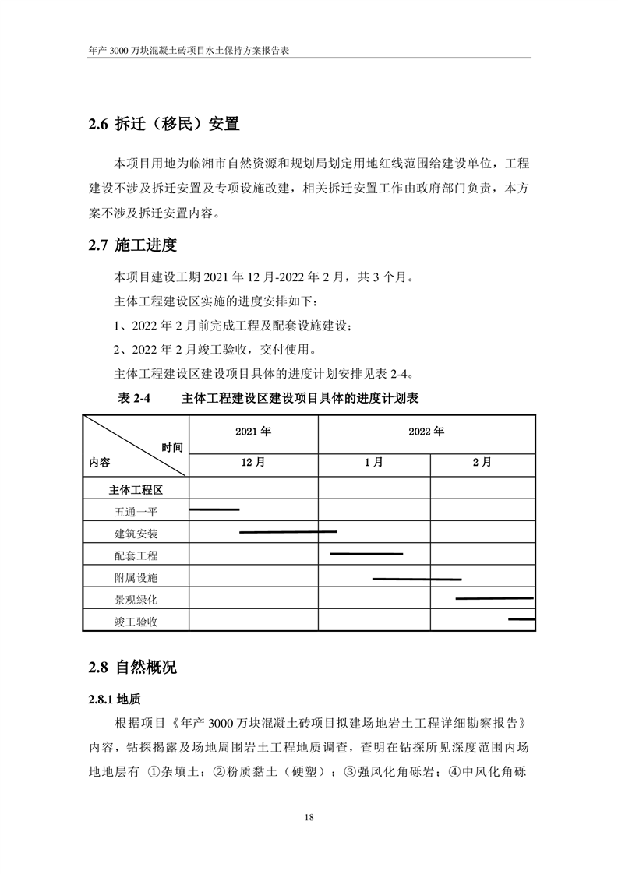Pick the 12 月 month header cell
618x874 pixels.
point(253,462)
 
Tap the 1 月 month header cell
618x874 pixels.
point(373,462)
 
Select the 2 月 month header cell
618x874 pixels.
point(482,462)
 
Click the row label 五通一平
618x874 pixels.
point(136,512)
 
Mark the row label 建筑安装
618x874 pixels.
point(136,534)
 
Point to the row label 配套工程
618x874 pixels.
point(136,555)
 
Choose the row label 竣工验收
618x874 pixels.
point(136,621)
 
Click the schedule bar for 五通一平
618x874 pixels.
point(214,509)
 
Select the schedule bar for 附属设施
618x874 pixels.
point(417,579)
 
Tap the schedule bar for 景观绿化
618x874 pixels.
point(494,598)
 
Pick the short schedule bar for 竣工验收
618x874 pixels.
point(521,619)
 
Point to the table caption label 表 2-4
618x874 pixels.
point(132,398)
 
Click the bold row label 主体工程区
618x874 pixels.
point(136,490)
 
